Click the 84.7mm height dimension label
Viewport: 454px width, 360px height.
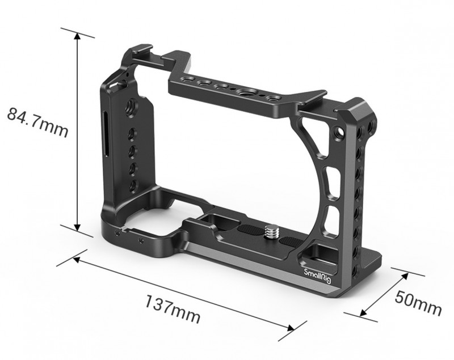tap(37, 122)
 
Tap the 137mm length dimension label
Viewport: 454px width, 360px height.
tap(173, 308)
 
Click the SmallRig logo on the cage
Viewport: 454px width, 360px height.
tap(317, 276)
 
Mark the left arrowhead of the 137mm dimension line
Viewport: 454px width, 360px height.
tap(77, 259)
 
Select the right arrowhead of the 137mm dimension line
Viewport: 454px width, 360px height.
tap(291, 328)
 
